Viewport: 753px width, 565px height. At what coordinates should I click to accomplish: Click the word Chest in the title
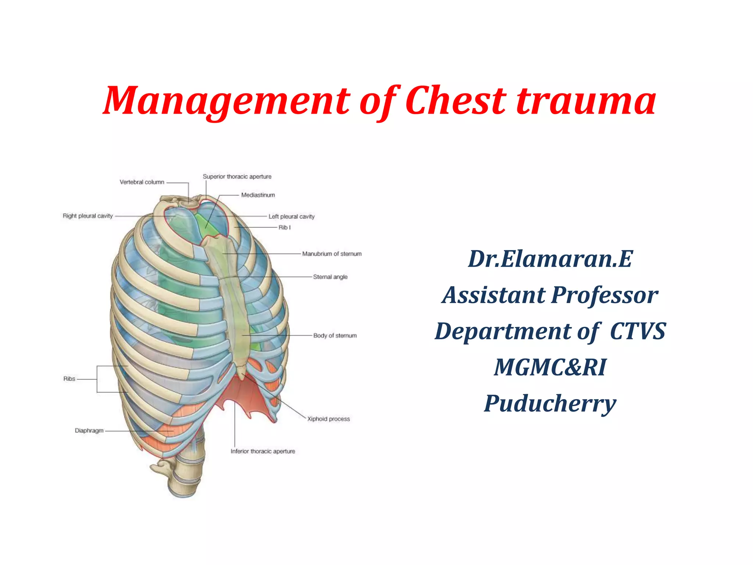click(456, 100)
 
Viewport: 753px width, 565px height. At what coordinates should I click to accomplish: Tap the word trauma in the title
click(586, 100)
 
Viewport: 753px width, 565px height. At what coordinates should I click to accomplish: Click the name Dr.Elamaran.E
click(550, 259)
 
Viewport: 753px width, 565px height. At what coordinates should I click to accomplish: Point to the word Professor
click(605, 295)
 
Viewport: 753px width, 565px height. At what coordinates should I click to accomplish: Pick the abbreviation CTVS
click(638, 331)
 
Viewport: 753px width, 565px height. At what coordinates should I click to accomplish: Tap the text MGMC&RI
click(550, 367)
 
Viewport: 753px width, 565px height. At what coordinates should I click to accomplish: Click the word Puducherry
click(550, 404)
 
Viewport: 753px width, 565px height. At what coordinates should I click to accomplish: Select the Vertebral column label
click(142, 182)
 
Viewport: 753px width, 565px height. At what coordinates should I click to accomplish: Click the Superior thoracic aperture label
click(237, 177)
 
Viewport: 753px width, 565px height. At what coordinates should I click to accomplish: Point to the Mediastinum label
click(258, 195)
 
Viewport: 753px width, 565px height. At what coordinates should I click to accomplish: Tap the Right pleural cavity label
click(88, 216)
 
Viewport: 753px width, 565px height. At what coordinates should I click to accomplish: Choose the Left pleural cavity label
click(292, 217)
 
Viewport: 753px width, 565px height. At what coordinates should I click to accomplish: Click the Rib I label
click(285, 227)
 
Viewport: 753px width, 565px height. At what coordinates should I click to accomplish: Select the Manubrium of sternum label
click(332, 254)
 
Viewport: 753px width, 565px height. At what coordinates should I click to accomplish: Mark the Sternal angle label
click(330, 277)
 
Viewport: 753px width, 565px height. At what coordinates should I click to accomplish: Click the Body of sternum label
click(335, 335)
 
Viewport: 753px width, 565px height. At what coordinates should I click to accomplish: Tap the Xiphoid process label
click(329, 419)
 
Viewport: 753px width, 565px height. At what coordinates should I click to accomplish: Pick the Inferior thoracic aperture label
click(263, 451)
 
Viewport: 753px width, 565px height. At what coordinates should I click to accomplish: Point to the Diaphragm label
click(89, 430)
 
